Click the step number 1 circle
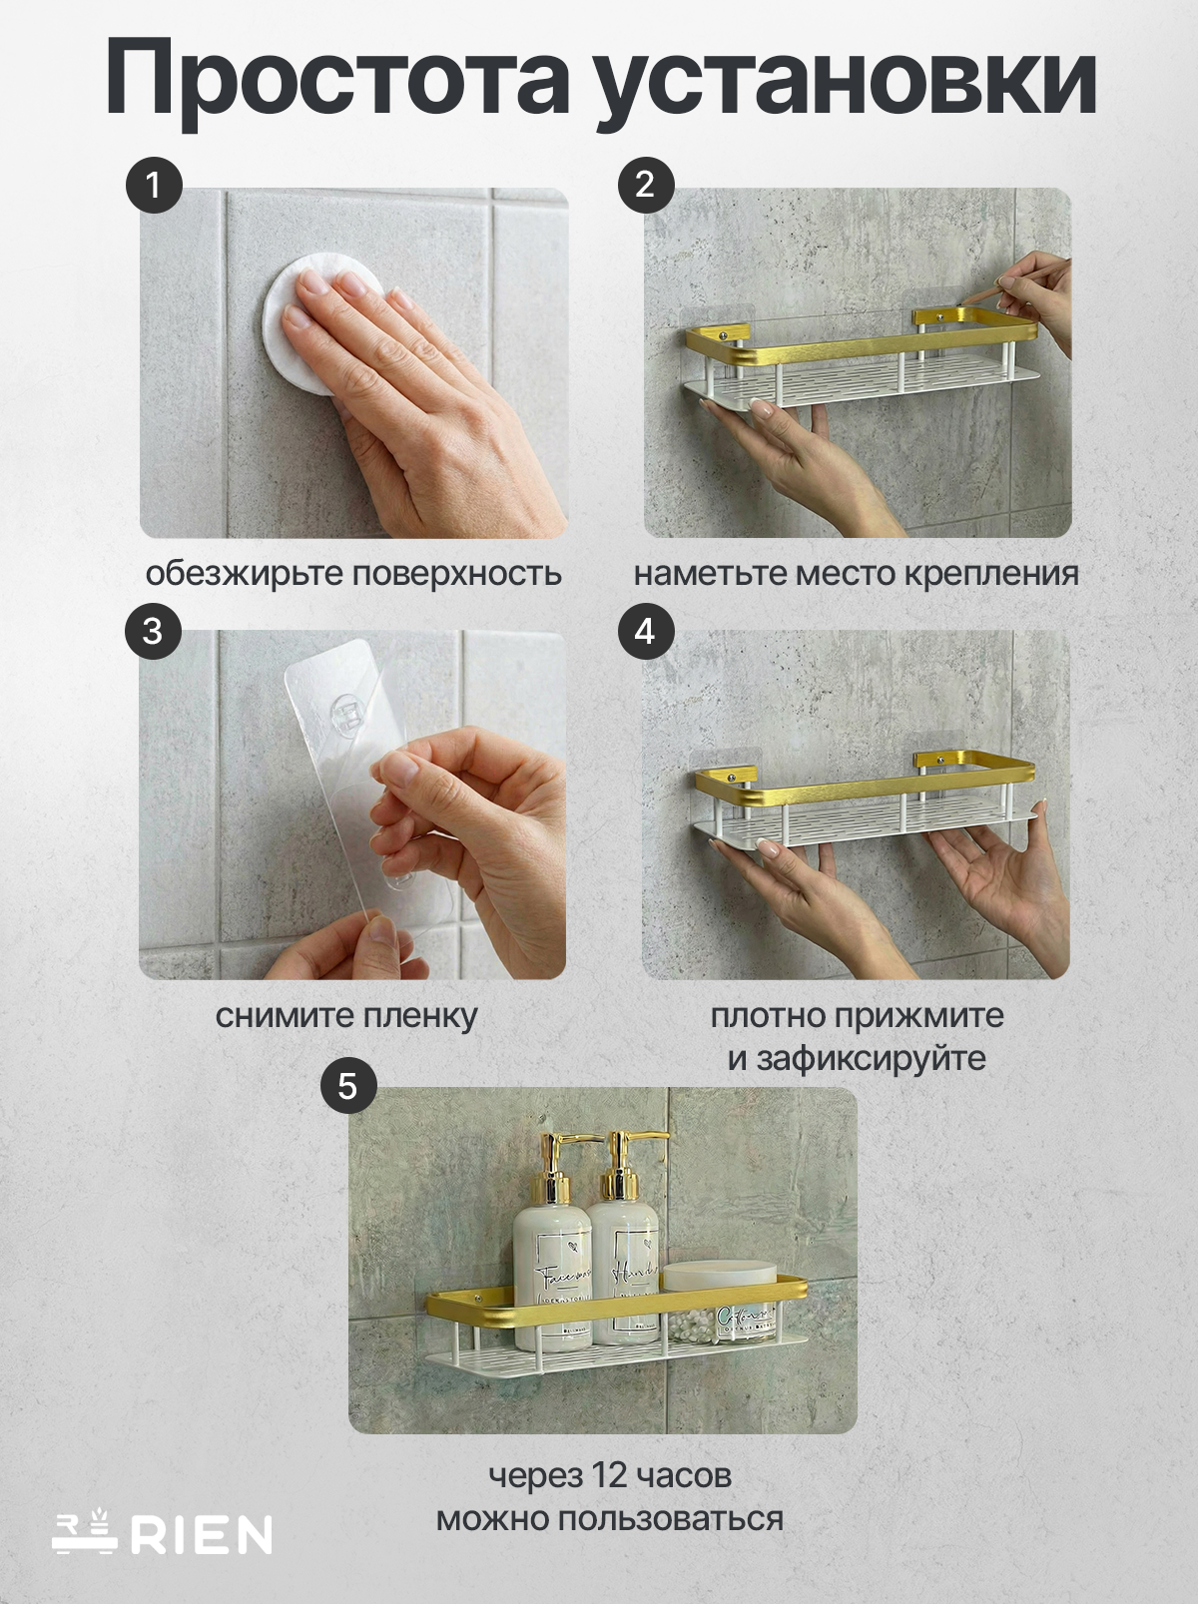[x=153, y=185]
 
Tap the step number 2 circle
[x=645, y=185]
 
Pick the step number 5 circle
[x=347, y=1085]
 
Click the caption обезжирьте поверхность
[x=353, y=574]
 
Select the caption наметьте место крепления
[x=856, y=574]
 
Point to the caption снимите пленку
[x=346, y=1016]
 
